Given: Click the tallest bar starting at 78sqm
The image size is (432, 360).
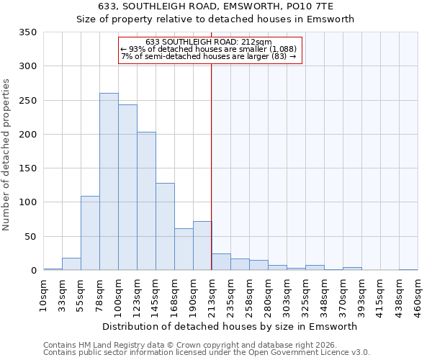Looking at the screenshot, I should point(109,181).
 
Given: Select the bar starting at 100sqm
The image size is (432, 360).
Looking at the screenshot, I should point(127,187).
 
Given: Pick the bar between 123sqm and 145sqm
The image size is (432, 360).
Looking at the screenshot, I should point(146,201).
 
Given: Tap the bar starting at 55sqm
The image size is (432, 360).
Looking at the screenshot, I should point(90,233).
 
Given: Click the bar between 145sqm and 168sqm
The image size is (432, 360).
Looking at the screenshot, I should point(165,226).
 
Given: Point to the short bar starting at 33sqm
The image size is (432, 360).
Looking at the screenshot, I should point(71,264).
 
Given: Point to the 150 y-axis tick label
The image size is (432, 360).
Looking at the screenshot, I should point(28,168).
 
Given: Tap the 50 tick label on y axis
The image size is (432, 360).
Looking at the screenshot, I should point(30,236).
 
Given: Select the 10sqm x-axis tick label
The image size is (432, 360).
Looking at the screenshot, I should point(44,294).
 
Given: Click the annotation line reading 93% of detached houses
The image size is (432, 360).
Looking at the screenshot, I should point(209,48).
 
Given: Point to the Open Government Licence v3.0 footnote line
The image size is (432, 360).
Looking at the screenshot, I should point(207,353).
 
